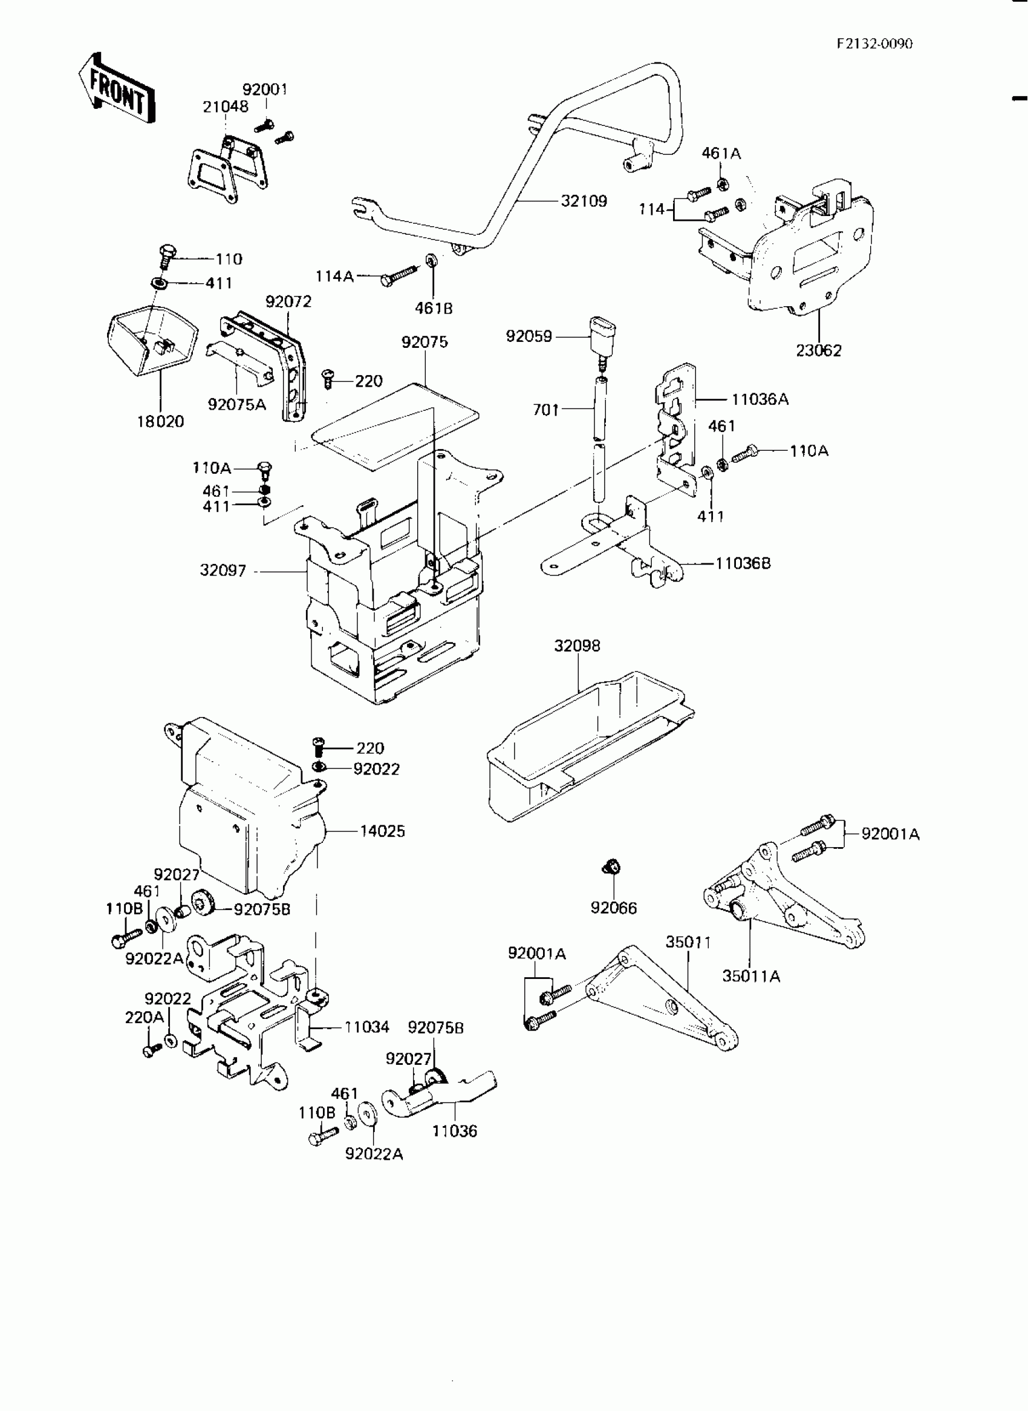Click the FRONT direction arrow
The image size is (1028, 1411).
(x=117, y=89)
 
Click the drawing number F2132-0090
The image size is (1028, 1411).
(x=874, y=44)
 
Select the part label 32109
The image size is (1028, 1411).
(x=584, y=201)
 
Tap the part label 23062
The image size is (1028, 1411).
(x=818, y=350)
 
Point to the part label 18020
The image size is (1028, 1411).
(x=160, y=422)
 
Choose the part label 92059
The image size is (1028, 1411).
(x=529, y=336)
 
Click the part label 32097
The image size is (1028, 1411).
(x=223, y=571)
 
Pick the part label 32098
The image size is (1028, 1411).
(x=577, y=646)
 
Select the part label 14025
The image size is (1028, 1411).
(x=382, y=831)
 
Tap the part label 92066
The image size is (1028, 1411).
(x=614, y=908)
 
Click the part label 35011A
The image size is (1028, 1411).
(x=751, y=976)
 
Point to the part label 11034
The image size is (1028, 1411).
(x=366, y=1027)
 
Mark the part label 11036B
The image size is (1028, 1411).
(x=743, y=563)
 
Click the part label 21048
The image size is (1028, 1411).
(x=226, y=106)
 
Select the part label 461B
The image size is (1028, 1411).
(x=434, y=308)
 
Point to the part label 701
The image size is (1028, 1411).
(x=545, y=410)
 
